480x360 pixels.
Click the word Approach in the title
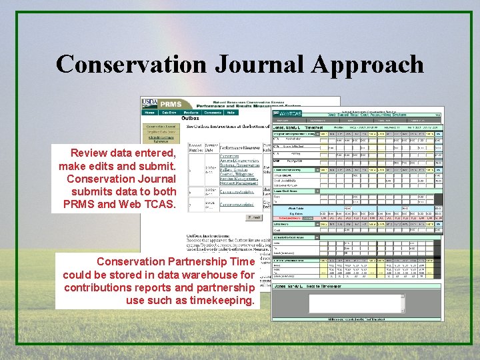[x=365, y=65]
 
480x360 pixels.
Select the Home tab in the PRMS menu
[x=149, y=113]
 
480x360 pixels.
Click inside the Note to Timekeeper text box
[x=357, y=303]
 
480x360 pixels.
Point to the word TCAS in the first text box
[x=160, y=204]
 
